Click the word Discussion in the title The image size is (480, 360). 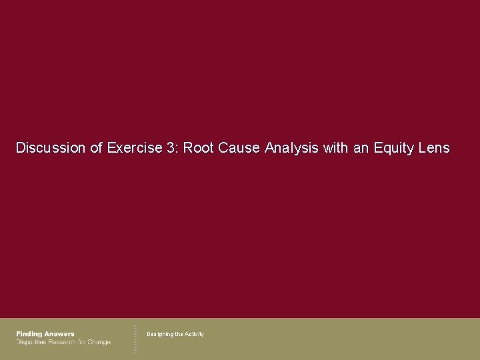tap(50, 148)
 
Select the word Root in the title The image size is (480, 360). tap(198, 148)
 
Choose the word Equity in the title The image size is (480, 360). tap(393, 148)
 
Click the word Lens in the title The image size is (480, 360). tap(434, 148)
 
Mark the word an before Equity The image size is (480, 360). tap(361, 148)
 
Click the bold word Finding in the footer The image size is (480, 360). tap(29, 334)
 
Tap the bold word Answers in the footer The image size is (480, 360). tap(59, 334)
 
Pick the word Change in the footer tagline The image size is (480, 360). tap(99, 342)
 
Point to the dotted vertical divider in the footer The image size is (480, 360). tap(135, 339)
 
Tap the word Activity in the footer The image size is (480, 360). tap(194, 334)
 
